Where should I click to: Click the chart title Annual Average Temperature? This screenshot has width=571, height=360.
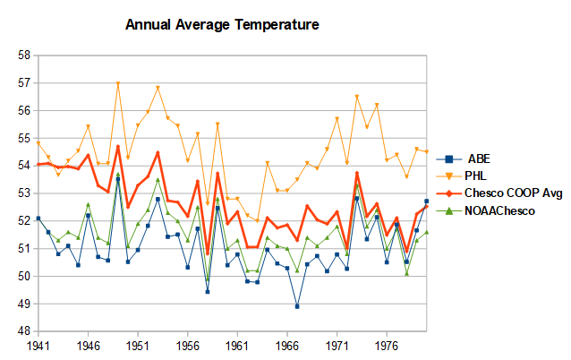point(222,25)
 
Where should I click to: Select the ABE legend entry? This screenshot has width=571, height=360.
point(464,159)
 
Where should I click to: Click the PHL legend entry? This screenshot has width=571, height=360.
point(462,176)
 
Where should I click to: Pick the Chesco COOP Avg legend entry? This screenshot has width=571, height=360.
point(499,193)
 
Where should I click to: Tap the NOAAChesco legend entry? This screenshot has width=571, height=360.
point(485,210)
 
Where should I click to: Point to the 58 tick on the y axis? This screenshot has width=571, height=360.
point(24,56)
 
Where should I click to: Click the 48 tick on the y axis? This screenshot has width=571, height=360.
point(24,331)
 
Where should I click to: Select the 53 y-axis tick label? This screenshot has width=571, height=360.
point(24,193)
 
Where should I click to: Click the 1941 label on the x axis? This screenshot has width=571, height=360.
point(38,346)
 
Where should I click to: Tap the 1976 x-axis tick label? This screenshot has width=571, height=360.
point(387,346)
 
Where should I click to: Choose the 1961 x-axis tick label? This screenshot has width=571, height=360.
point(237,346)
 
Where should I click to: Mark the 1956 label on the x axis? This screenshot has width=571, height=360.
point(188,346)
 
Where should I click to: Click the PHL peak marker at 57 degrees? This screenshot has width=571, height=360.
point(118,83)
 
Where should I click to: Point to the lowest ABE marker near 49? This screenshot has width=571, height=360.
point(297,306)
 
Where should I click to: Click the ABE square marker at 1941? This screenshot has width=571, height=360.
point(38,219)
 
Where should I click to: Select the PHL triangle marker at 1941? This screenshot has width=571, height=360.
point(38,143)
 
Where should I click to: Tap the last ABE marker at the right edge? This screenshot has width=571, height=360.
point(426,201)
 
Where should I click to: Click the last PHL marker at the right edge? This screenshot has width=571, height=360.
point(426,151)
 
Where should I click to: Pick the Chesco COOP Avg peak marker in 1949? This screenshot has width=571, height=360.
point(118,147)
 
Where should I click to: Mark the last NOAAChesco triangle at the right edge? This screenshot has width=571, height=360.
point(426,232)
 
